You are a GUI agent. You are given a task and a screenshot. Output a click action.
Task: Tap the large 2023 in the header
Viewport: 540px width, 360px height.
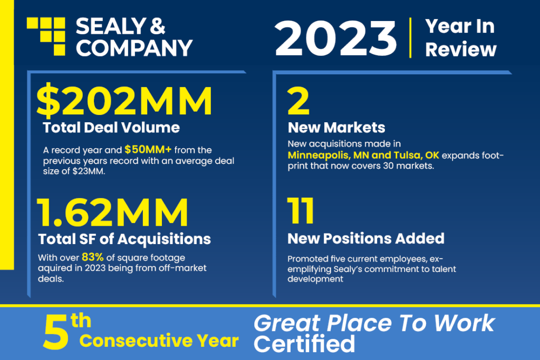[335, 38]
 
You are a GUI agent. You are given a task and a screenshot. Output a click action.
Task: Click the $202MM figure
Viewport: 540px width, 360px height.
[124, 101]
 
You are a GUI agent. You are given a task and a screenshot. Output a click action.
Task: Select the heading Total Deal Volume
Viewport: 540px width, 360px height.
[111, 128]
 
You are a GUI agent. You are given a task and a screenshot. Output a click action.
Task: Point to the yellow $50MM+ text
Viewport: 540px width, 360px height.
[148, 150]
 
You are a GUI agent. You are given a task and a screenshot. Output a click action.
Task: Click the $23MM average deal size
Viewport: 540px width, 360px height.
[88, 171]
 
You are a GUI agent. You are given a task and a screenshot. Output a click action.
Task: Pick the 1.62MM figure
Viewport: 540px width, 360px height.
[112, 212]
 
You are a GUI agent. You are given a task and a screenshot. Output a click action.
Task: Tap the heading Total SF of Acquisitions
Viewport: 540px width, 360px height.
[124, 239]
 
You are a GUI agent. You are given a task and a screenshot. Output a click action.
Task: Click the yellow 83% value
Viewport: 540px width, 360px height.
[93, 257]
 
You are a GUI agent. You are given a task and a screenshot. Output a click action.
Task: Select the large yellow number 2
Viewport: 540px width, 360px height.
[298, 101]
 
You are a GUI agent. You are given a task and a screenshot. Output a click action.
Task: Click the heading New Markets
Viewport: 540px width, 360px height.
[336, 128]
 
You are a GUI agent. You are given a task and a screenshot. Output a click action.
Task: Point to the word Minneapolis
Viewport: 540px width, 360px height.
[318, 155]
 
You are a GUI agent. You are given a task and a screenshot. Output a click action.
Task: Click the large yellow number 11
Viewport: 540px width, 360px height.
[300, 210]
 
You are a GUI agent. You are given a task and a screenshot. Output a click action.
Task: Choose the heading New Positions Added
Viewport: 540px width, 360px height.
[366, 239]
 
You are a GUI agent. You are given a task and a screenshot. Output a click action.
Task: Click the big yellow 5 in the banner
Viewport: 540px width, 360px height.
[55, 333]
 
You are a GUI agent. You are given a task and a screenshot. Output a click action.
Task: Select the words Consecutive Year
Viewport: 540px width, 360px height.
[159, 340]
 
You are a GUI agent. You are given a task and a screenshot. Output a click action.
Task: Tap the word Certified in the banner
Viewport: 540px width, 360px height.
[304, 343]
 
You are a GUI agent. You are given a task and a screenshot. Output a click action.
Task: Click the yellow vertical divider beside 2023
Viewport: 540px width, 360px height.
[410, 38]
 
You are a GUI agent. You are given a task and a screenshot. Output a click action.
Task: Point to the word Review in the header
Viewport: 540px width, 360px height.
[461, 50]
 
